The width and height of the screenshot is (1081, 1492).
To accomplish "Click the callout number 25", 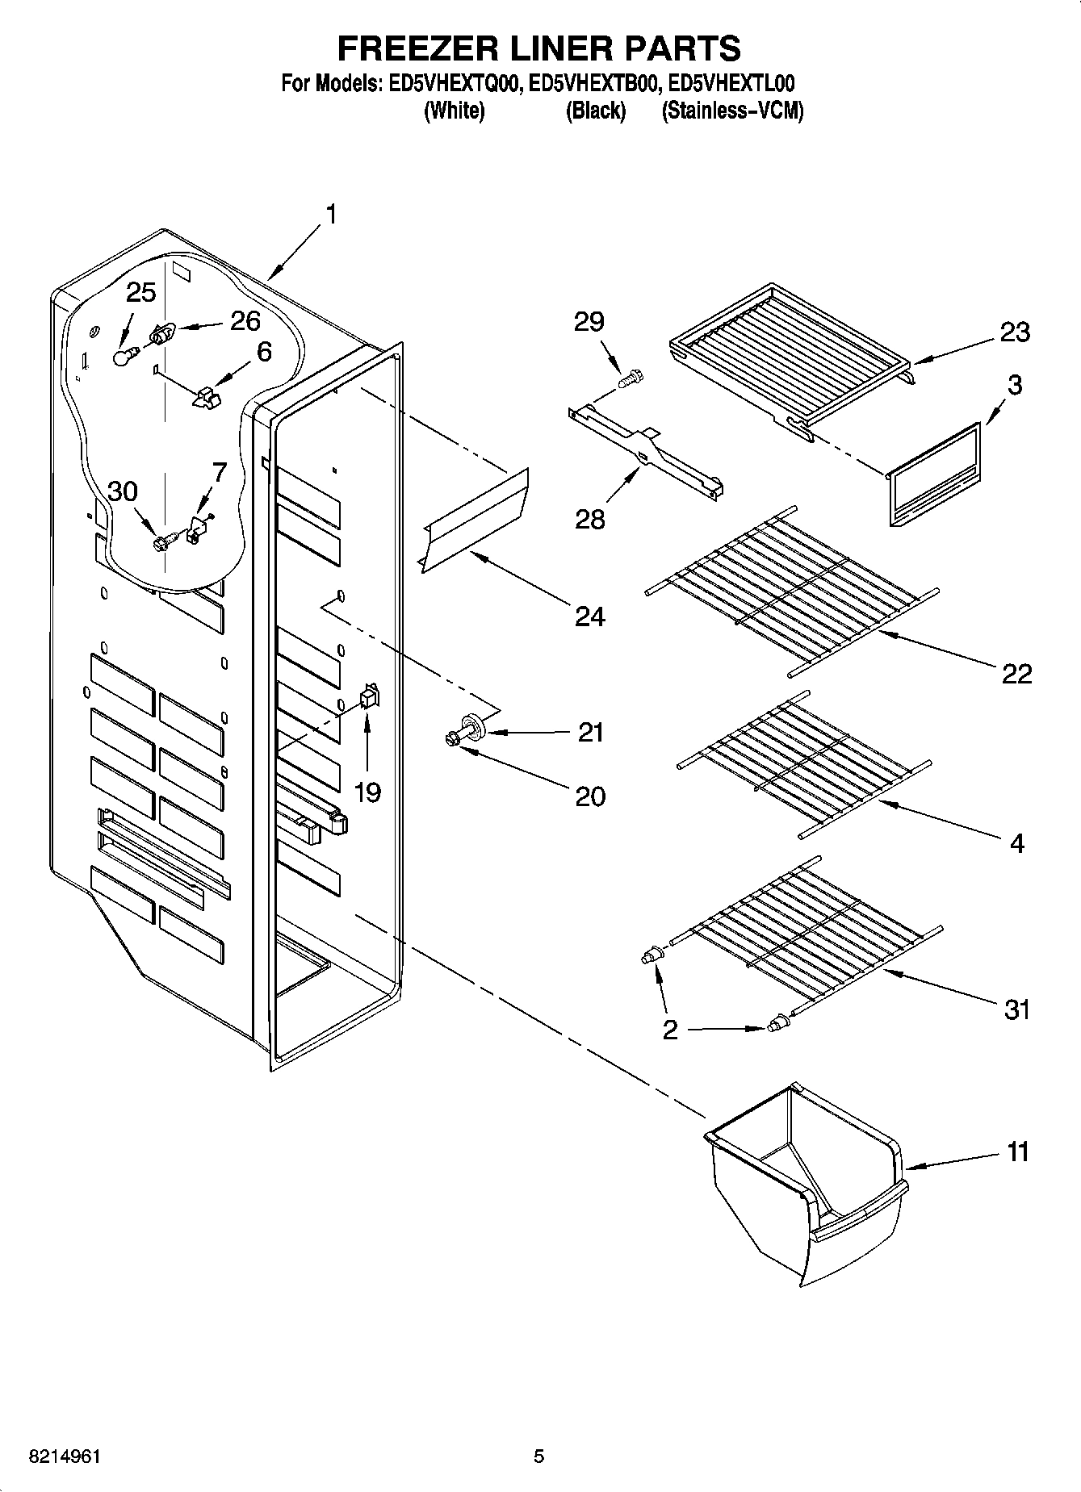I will pos(141,292).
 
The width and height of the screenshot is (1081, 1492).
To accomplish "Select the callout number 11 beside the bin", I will pos(1019,1152).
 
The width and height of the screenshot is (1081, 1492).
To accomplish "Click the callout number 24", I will pos(590,617).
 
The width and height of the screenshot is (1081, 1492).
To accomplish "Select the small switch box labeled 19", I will pos(369,696).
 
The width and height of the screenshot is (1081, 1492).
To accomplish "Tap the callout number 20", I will pos(590,796).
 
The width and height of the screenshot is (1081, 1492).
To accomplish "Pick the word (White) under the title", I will pos(454,111).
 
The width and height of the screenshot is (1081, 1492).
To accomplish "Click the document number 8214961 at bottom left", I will pos(65,1456).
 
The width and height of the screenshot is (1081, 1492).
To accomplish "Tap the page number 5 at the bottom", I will pos(538,1456).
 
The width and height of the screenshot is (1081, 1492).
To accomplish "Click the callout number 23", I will pos(1015,332).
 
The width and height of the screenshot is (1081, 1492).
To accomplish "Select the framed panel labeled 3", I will pos(935,476).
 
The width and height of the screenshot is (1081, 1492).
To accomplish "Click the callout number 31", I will pos(1017,1009).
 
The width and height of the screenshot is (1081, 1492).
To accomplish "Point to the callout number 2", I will pos(670,1030).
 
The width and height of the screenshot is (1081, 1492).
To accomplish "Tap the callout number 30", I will pos(123,491).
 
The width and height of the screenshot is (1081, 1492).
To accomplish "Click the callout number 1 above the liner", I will pos(329,215).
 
